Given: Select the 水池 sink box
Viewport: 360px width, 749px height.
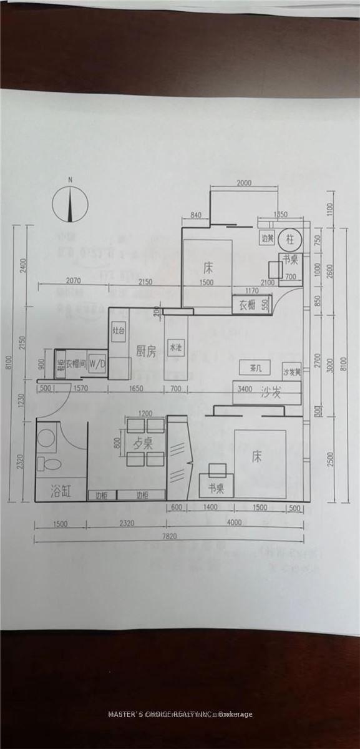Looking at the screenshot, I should click(175, 349).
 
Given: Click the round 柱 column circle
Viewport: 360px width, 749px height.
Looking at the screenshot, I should click(290, 238).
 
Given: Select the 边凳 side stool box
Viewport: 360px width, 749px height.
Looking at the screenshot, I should click(268, 238).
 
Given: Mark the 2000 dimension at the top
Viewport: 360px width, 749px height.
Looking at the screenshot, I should click(245, 184).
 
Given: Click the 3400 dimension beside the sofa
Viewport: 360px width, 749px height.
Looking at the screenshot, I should click(245, 390).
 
